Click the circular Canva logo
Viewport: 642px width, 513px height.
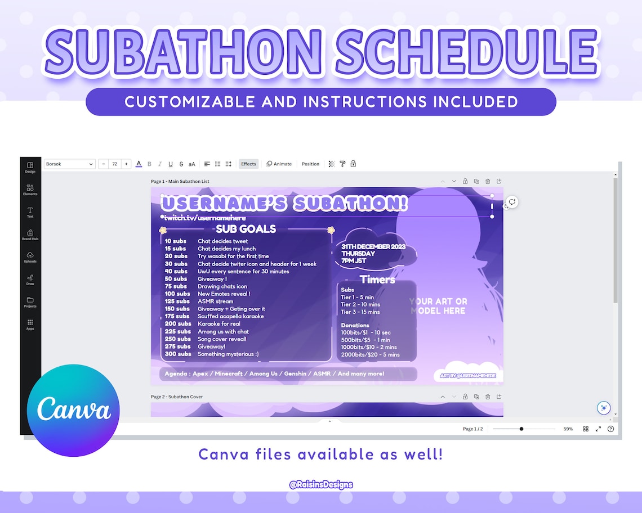click(x=73, y=409)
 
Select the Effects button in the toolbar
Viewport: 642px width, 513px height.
click(x=248, y=164)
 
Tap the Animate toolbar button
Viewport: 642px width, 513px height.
click(x=279, y=164)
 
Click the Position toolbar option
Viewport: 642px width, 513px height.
click(x=310, y=164)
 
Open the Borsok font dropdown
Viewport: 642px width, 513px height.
click(x=70, y=164)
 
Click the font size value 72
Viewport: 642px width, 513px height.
click(x=115, y=164)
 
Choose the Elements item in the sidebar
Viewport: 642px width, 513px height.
click(x=30, y=190)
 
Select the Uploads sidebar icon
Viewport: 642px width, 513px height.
click(x=30, y=257)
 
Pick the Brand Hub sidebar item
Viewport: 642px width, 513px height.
click(x=30, y=235)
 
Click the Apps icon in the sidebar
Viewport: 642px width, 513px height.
click(x=30, y=325)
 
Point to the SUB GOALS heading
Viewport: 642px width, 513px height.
click(x=246, y=229)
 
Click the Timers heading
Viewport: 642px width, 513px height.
click(x=377, y=280)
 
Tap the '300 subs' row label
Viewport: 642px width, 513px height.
click(x=178, y=354)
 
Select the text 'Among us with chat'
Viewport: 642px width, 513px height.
click(x=223, y=332)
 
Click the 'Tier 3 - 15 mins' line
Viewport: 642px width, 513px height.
click(x=360, y=312)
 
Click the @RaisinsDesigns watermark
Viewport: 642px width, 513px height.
click(x=321, y=484)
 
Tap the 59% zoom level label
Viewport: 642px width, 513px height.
click(x=568, y=429)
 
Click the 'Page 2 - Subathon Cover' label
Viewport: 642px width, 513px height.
click(x=177, y=397)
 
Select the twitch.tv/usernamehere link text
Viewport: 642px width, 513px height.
click(x=205, y=218)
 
